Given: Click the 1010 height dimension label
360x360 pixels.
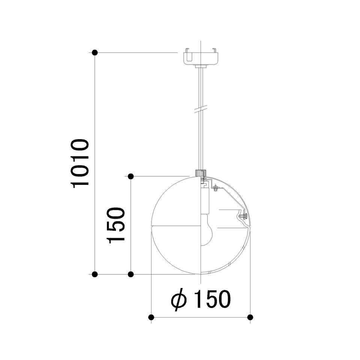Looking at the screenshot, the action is click(x=80, y=163).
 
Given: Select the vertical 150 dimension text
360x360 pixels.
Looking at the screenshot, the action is click(x=116, y=225).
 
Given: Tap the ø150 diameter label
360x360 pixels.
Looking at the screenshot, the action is click(x=201, y=299).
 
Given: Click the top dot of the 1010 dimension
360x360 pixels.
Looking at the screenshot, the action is click(x=94, y=52).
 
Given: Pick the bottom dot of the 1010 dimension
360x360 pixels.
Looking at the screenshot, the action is click(x=94, y=274).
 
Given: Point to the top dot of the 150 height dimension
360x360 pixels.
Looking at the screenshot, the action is click(x=130, y=176).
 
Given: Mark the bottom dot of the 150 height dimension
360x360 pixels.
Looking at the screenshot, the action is click(x=130, y=274).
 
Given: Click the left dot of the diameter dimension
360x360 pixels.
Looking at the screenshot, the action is click(x=151, y=317).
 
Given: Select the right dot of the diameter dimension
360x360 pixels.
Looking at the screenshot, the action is click(x=250, y=317).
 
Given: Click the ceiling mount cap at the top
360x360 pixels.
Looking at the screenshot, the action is click(x=201, y=57).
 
